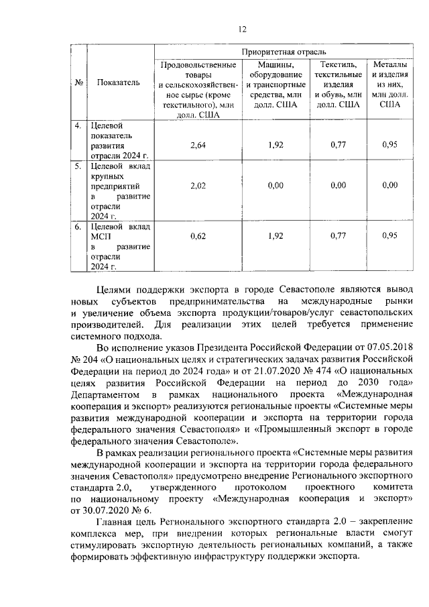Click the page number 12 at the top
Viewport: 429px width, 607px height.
pyautogui.click(x=242, y=27)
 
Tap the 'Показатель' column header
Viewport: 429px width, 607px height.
pyautogui.click(x=118, y=82)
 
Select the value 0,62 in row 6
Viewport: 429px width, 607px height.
pyautogui.click(x=198, y=236)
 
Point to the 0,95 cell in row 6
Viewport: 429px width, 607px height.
pyautogui.click(x=389, y=236)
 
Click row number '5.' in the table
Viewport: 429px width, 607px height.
pyautogui.click(x=78, y=164)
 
